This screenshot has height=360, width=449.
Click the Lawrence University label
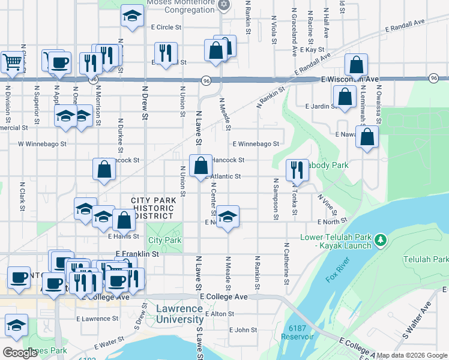pyautogui.click(x=179, y=314)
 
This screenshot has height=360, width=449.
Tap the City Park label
pyautogui.click(x=164, y=240)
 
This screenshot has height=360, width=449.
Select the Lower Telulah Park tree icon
pyautogui.click(x=379, y=241)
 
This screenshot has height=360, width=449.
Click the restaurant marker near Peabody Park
pyautogui.click(x=297, y=170)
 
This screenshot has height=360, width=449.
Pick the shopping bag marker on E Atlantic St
pyautogui.click(x=200, y=165)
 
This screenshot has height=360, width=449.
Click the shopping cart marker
pyautogui.click(x=11, y=61)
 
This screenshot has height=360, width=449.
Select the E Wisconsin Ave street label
pyautogui.click(x=350, y=79)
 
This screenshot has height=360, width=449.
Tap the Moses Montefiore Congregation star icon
pyautogui.click(x=224, y=5)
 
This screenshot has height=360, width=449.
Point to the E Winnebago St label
pyautogui.click(x=256, y=144)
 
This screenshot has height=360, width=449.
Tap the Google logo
pyautogui.click(x=20, y=353)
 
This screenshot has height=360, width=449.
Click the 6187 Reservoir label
pyautogui.click(x=301, y=332)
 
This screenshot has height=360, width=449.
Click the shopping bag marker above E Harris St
pyautogui.click(x=124, y=220)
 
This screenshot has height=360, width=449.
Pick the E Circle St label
pyautogui.click(x=166, y=27)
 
